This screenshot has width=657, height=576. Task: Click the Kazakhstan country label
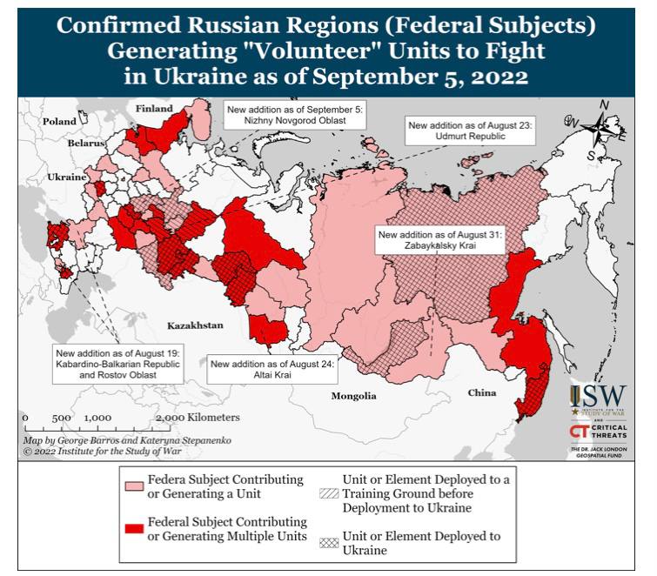[x=194, y=325]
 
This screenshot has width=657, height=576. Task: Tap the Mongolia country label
[x=353, y=396]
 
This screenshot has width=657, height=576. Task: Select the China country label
[x=481, y=392]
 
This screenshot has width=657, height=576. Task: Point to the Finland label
[x=154, y=108]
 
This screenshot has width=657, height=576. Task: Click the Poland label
[x=60, y=122]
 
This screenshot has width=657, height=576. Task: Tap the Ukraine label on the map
[x=66, y=177]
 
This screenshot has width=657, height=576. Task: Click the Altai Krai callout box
[x=272, y=370]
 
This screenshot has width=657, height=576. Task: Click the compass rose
[x=601, y=129]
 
